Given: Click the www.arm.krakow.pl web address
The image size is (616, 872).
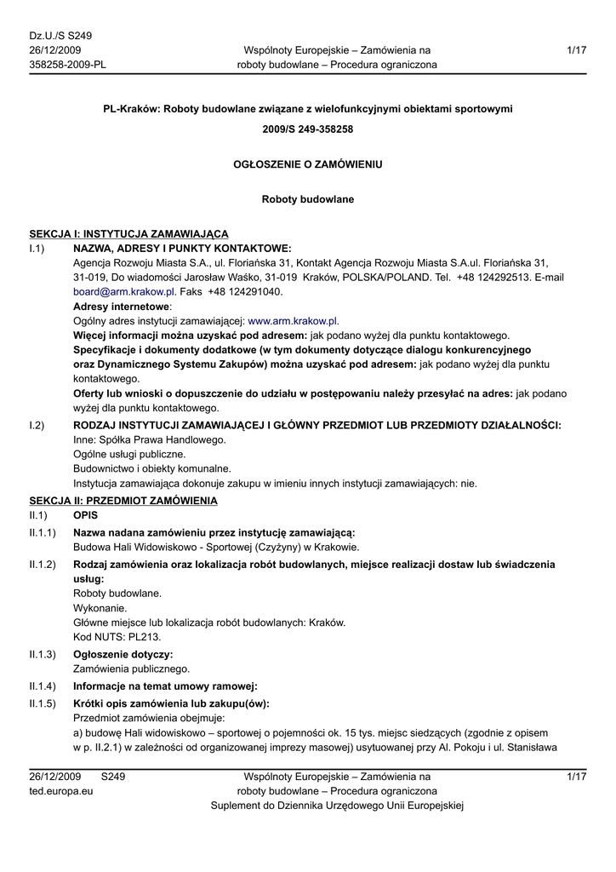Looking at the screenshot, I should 293,321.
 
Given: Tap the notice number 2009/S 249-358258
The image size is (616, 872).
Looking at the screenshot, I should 308,129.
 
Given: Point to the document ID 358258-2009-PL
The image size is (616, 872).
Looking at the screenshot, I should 68,65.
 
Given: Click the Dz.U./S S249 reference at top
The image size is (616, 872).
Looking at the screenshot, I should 60,36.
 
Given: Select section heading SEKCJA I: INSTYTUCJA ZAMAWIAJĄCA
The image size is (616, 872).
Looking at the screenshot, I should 128,233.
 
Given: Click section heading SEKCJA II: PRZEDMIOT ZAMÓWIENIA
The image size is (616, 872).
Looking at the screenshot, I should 123,500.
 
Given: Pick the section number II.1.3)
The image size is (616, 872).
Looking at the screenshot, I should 43,654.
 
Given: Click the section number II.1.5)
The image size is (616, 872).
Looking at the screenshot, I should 43,703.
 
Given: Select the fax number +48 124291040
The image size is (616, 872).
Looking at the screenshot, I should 245,291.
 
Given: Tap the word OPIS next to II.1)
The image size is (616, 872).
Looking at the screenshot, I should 86,515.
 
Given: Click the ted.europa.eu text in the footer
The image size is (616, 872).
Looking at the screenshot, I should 61,791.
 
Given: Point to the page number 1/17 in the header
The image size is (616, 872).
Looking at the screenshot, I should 576,50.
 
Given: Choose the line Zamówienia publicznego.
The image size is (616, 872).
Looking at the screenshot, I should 132,669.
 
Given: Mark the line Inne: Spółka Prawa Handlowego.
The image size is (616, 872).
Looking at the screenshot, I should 150,439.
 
